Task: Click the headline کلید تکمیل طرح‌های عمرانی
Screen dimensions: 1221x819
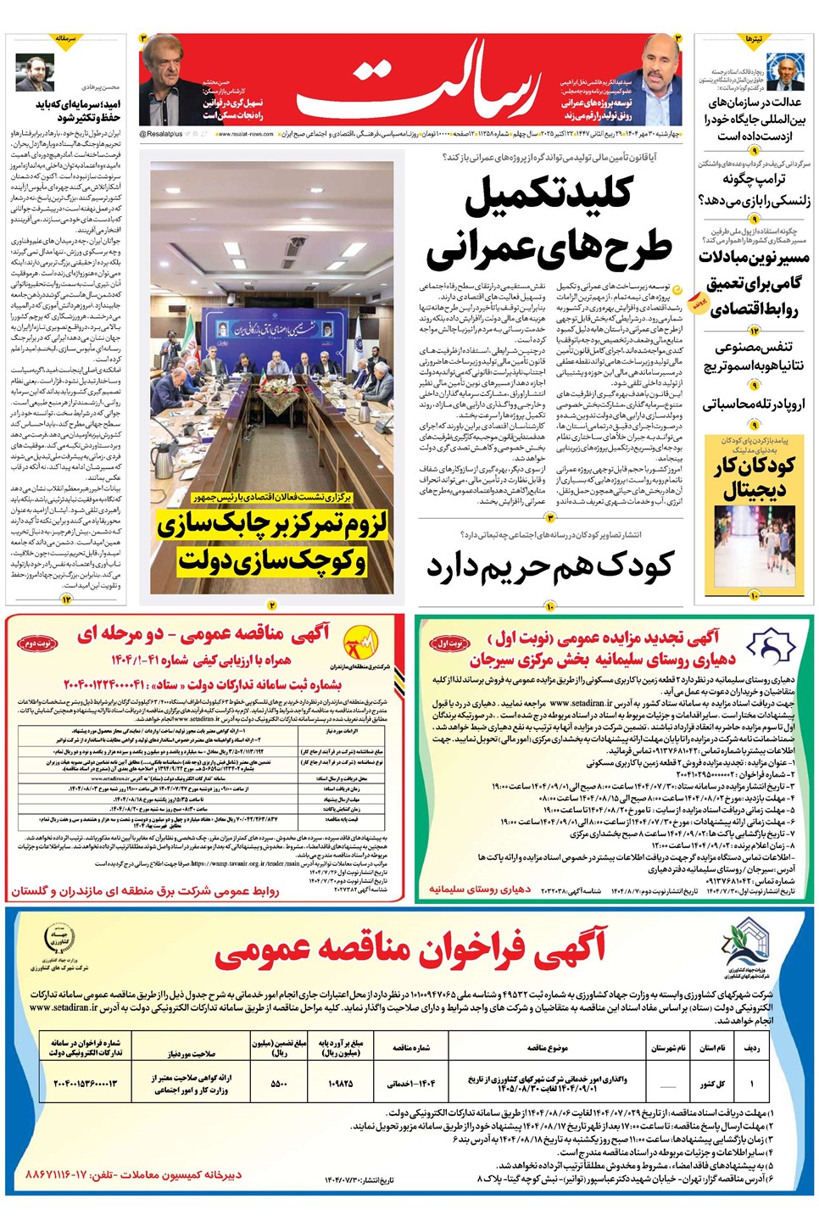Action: click(x=549, y=222)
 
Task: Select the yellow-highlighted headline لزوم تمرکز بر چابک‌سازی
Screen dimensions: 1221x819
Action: click(x=271, y=526)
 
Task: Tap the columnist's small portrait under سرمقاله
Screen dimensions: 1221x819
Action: click(x=34, y=75)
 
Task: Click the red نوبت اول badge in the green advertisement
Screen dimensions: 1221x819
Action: click(x=451, y=643)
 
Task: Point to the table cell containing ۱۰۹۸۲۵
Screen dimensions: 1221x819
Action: click(x=340, y=1083)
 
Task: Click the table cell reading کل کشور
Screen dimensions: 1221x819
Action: click(x=713, y=1083)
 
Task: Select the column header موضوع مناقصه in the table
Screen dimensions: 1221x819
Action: click(x=547, y=1048)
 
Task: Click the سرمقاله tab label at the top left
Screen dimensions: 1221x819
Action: click(x=65, y=39)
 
